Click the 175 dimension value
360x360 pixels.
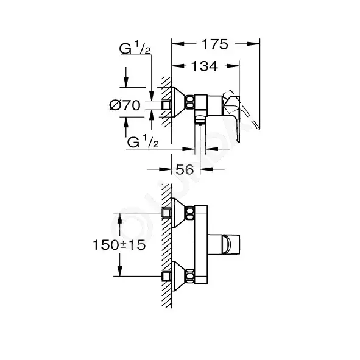tap(214, 44)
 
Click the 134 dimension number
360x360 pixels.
tap(205, 66)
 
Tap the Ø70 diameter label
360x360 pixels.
tap(125, 105)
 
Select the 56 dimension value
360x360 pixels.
tap(185, 170)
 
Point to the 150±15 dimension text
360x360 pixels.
tap(119, 245)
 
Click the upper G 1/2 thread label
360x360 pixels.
tap(135, 49)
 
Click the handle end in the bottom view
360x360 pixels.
tap(231, 244)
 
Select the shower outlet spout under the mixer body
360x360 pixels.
tap(200, 119)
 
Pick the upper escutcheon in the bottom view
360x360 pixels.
tap(178, 213)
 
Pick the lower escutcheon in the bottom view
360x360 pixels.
tap(178, 276)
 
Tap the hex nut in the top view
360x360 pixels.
tap(190, 102)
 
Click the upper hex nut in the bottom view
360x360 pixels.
tap(190, 213)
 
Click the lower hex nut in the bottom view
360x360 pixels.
tap(190, 276)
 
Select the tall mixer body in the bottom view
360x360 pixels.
tap(201, 244)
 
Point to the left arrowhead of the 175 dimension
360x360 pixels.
tap(178, 44)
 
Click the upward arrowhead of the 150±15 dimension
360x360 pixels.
tap(119, 219)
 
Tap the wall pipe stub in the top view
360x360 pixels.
tap(166, 105)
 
